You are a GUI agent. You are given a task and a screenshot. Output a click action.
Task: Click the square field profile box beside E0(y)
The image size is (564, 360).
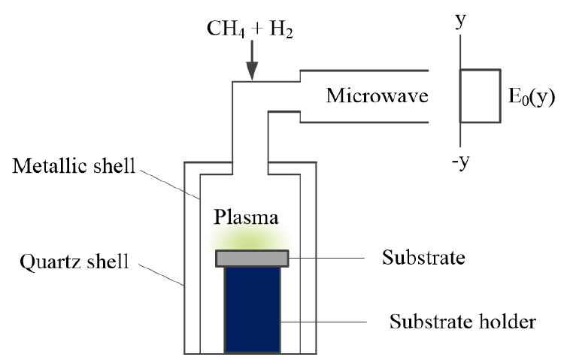(x=481, y=95)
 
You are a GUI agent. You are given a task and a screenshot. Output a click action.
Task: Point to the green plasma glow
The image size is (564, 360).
(x=252, y=238)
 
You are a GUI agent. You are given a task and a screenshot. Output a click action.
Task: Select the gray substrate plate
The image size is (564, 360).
(x=252, y=259)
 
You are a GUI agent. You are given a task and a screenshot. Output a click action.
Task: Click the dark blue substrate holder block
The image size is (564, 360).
(x=252, y=308)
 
